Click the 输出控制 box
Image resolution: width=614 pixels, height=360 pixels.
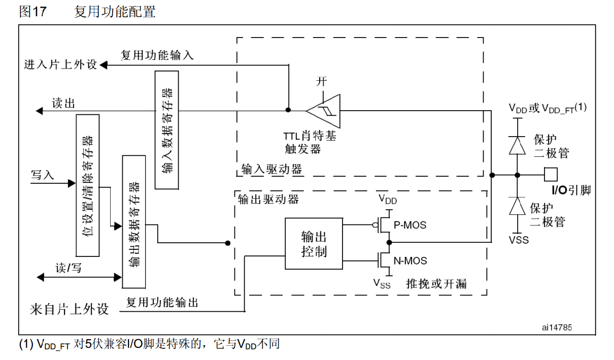point(314,244)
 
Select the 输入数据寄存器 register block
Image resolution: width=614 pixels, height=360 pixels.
point(166,129)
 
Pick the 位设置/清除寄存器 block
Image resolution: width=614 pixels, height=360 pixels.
point(87,185)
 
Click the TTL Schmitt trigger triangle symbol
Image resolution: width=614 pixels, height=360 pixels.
point(325,110)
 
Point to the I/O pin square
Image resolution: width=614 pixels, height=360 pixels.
point(551,175)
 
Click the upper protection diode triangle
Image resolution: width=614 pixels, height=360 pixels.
point(517,145)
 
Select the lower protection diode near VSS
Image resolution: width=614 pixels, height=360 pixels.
point(517,207)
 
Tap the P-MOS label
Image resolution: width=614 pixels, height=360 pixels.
point(410,224)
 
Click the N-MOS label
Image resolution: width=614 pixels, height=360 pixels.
point(410,261)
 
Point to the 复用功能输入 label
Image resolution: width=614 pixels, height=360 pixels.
point(157,55)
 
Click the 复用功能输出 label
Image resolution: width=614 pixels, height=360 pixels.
point(162,303)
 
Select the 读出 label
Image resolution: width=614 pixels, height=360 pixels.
point(63,104)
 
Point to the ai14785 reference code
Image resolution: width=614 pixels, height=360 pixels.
point(557,328)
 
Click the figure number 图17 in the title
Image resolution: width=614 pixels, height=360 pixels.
point(32,12)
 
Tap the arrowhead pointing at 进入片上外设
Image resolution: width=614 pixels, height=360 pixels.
point(104,65)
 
